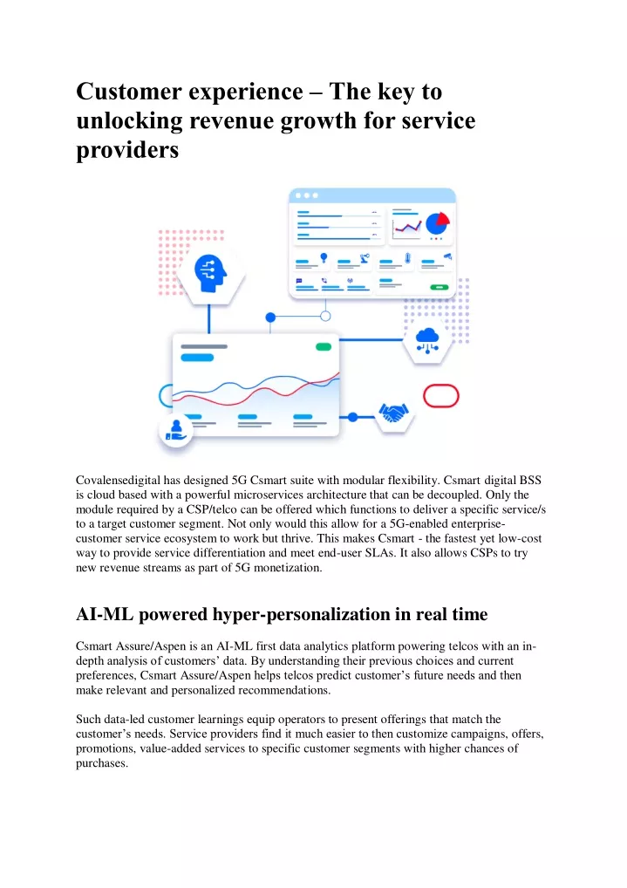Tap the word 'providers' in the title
[x=127, y=151]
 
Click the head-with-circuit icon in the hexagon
[x=210, y=273]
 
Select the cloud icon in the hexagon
[x=427, y=341]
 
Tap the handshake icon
[x=393, y=413]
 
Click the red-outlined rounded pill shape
[x=440, y=396]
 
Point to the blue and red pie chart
[x=437, y=223]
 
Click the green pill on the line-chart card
[x=324, y=346]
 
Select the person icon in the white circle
[x=175, y=431]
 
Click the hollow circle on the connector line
[x=325, y=316]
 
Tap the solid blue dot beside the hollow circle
[x=270, y=318]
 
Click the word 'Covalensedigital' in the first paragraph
[x=119, y=481]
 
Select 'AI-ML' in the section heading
[x=105, y=614]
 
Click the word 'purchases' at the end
[x=100, y=763]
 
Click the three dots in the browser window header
[x=307, y=195]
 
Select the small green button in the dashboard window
[x=440, y=288]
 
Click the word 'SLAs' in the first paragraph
[x=379, y=553]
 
